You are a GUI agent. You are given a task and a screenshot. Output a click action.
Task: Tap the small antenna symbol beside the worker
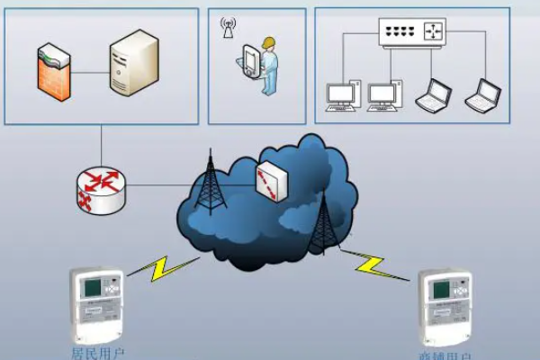coord(227,28)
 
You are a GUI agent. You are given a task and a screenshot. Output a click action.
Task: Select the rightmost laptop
coord(482,95)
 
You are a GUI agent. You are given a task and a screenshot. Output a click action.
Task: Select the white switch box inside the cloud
coord(272,181)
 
